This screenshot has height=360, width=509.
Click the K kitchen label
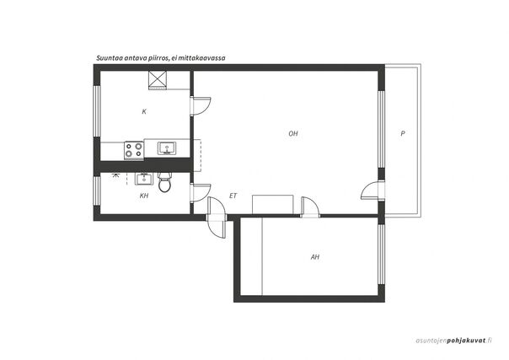point(144,111)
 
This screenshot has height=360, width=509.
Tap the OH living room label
point(293,133)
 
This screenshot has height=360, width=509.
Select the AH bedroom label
point(315,257)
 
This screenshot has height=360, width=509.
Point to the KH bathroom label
point(144,196)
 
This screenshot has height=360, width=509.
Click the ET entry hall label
point(233,196)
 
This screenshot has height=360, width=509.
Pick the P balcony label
point(403,133)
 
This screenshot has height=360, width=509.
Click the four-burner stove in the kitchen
point(134,151)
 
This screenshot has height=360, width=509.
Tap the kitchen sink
point(167,148)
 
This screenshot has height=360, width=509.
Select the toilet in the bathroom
point(164,182)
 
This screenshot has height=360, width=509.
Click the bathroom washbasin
point(144,179)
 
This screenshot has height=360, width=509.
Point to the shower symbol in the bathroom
point(115,176)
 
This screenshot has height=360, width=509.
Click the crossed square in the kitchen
point(158,80)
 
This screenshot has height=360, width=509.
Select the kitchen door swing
point(201,106)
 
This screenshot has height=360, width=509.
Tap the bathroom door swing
point(201,193)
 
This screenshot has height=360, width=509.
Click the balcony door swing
point(372,191)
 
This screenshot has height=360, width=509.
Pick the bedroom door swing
point(310,207)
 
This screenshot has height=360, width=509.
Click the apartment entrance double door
point(216,218)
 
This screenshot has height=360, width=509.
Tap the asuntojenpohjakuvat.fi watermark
point(454,341)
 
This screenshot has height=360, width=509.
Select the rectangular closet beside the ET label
point(273,205)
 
